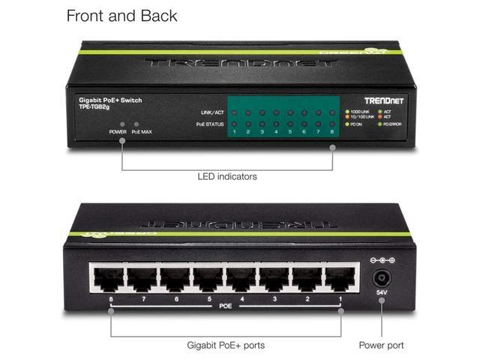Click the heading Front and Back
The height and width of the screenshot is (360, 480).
(122, 15)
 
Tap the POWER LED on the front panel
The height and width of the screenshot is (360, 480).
(122, 124)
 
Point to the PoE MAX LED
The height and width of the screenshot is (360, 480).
(136, 124)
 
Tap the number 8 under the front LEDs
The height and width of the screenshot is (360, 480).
(331, 132)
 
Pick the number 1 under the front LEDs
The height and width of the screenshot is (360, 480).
(234, 132)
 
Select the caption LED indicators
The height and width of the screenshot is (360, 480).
(227, 176)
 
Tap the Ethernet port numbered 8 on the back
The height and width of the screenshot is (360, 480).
(107, 280)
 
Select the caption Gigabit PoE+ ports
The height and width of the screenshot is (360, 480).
(226, 346)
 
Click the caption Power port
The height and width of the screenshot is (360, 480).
(381, 346)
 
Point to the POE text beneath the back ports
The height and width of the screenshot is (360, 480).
(225, 306)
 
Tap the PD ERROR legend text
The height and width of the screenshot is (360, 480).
(393, 124)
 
